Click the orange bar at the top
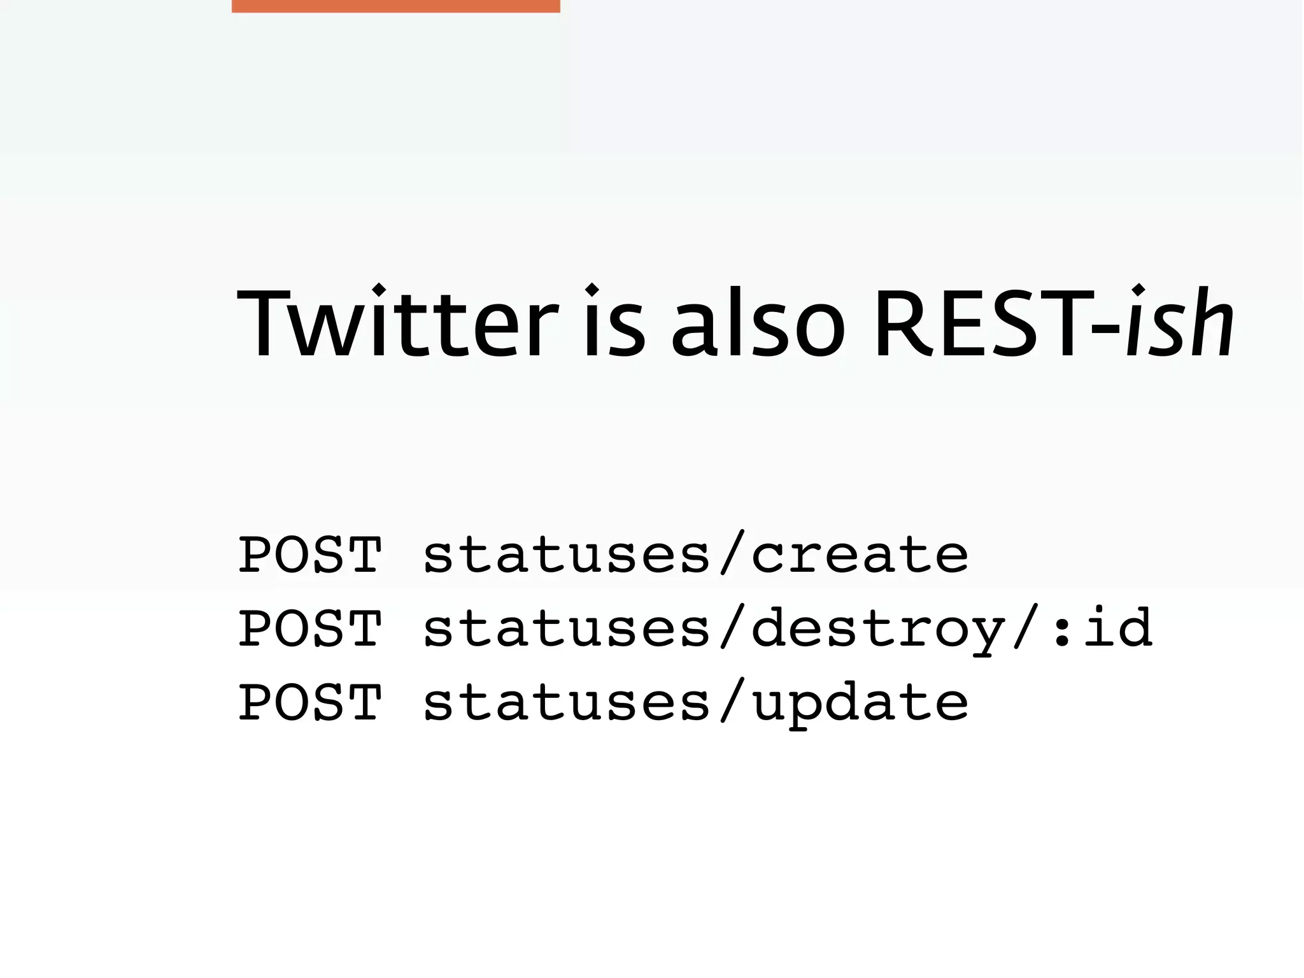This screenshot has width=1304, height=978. [395, 6]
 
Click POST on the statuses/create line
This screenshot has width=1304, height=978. [310, 555]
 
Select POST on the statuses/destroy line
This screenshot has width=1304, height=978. [310, 628]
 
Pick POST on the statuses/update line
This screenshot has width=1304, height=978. [310, 702]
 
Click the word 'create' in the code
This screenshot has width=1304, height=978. [860, 555]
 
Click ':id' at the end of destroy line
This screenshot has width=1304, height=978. [1102, 628]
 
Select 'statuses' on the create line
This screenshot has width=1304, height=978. [567, 555]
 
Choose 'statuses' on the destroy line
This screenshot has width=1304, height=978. [567, 628]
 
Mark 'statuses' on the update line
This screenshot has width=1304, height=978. [567, 702]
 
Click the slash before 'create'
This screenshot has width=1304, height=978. [731, 555]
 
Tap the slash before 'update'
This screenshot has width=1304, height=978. [731, 702]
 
